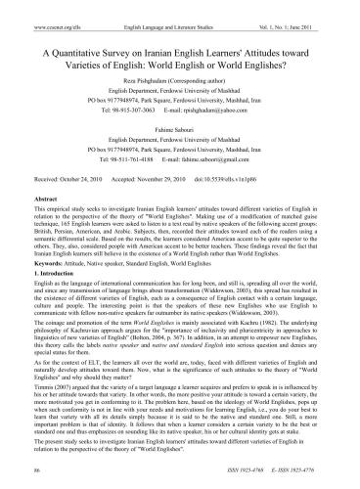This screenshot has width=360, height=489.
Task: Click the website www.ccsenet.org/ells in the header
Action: coord(36,7)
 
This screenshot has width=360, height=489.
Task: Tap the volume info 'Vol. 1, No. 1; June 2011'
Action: coord(310,7)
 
